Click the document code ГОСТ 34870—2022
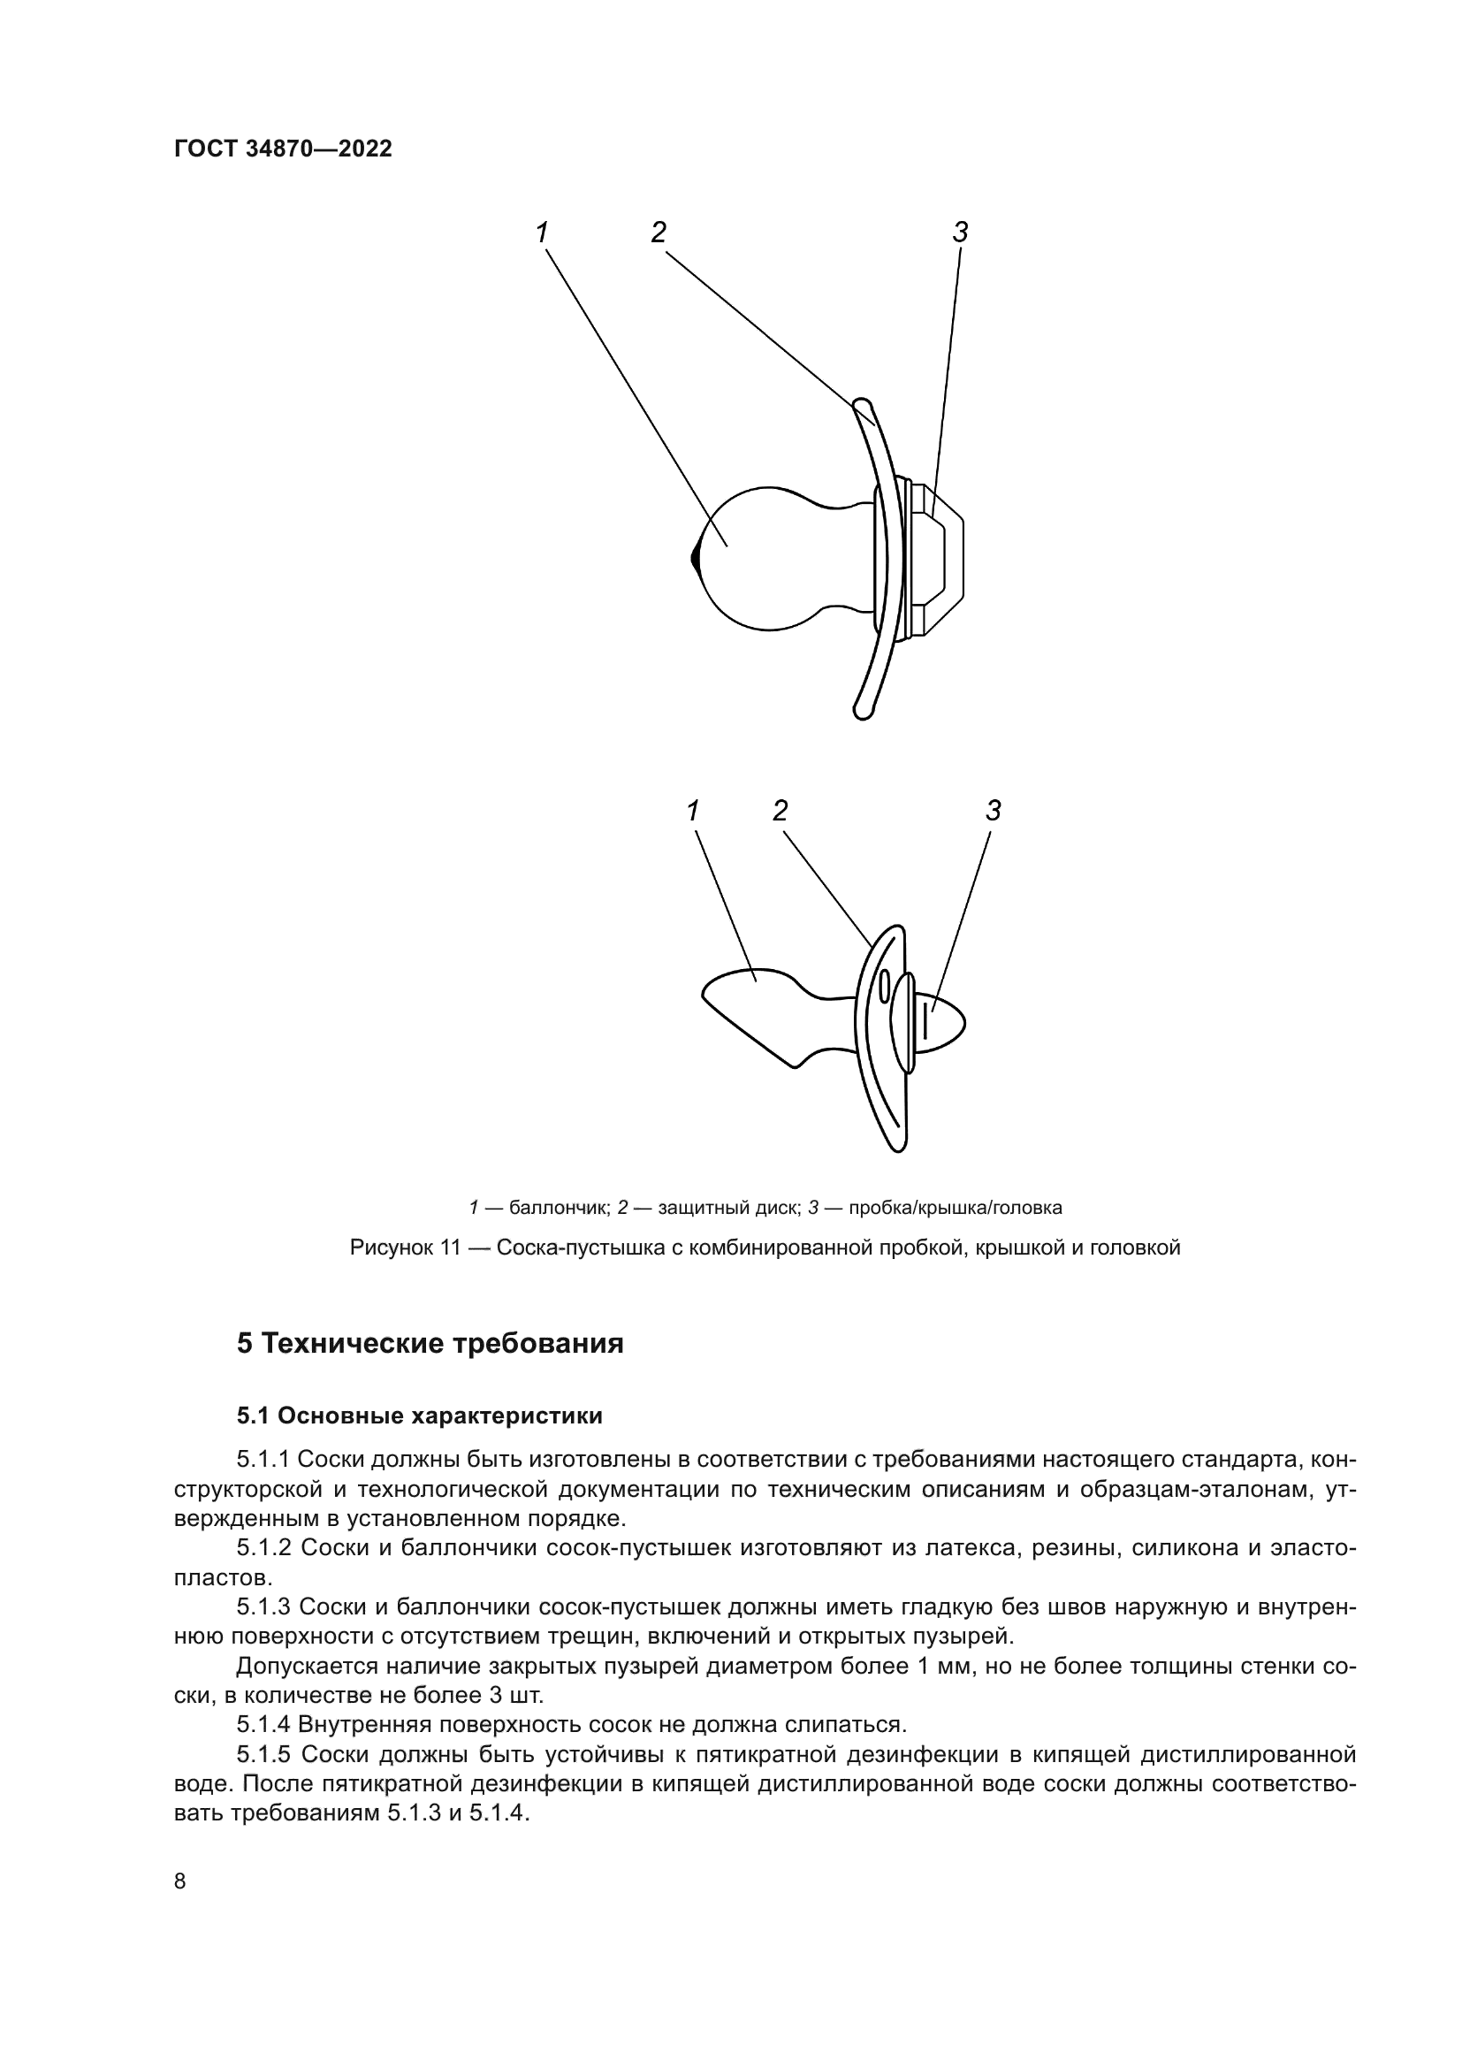pyautogui.click(x=283, y=149)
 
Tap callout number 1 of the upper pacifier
pyautogui.click(x=542, y=233)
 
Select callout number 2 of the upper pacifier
pyautogui.click(x=659, y=233)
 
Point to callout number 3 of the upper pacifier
pyautogui.click(x=960, y=233)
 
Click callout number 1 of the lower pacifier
pyautogui.click(x=692, y=812)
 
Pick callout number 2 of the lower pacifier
pyautogui.click(x=780, y=812)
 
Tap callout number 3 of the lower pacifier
pyautogui.click(x=993, y=812)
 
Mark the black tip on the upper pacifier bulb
pyautogui.click(x=695, y=558)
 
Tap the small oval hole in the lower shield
pyautogui.click(x=884, y=987)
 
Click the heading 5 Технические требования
pyautogui.click(x=430, y=1344)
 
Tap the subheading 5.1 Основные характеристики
pyautogui.click(x=420, y=1416)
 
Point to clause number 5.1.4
pyautogui.click(x=263, y=1725)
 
